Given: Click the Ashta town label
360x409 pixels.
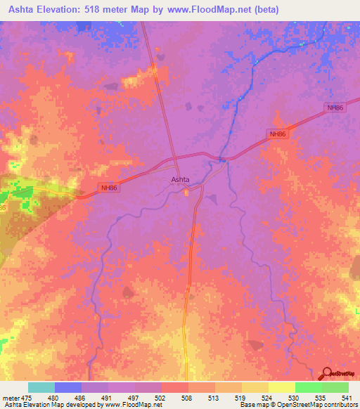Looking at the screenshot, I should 180,179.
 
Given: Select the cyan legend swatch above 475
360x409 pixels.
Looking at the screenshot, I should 41,387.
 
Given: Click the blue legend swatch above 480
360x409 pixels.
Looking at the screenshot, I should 68,387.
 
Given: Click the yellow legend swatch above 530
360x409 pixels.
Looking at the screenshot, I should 281,387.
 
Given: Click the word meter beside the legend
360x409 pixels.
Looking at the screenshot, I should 10,396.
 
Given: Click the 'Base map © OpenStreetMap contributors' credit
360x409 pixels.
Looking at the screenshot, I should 296,405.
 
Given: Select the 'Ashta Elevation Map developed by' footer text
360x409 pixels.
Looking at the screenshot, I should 49,405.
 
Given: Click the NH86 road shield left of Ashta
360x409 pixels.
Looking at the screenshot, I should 108,188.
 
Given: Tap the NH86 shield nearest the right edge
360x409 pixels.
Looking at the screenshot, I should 335,108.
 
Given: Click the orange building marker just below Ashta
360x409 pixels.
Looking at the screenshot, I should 186,193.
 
